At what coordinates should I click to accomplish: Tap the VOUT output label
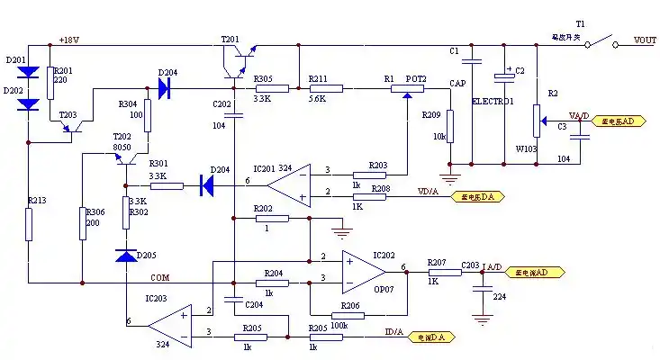coord(645,40)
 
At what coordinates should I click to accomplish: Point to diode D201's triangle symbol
coord(29,70)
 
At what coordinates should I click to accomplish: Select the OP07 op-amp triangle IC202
coord(366,270)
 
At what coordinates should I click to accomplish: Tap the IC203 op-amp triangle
coord(170,325)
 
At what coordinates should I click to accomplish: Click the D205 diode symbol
coord(125,255)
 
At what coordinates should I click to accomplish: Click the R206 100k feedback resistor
coord(342,315)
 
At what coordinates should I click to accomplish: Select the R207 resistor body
coord(438,271)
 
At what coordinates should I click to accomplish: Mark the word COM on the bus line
coord(159,277)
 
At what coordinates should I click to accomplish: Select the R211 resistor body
coord(327,88)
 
